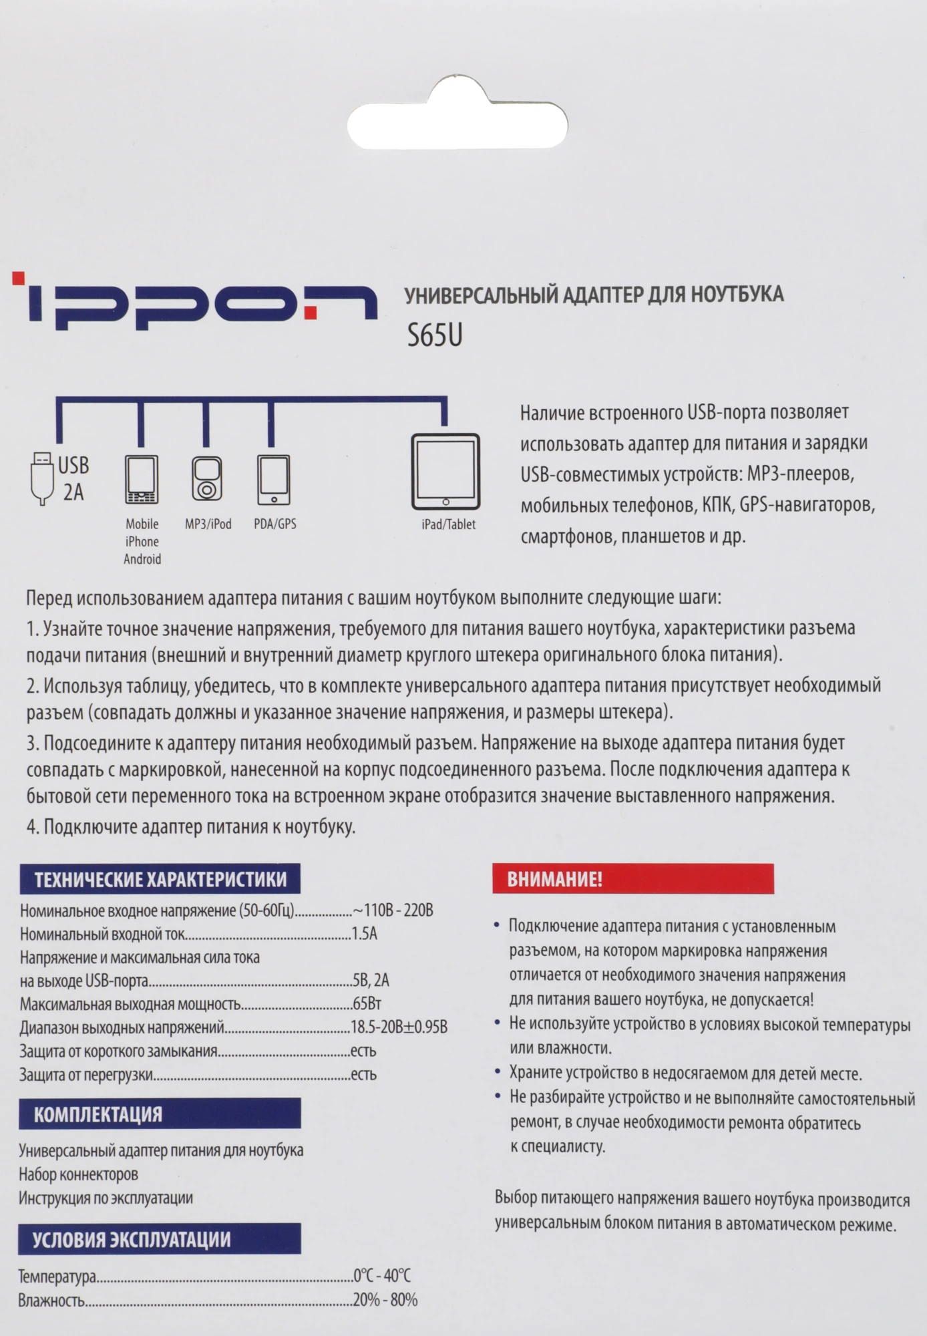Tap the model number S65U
point(435,335)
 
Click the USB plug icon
point(42,478)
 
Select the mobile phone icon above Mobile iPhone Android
point(142,480)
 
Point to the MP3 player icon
point(207,480)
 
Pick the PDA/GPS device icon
point(273,480)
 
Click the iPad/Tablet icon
point(445,472)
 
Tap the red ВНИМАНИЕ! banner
point(632,879)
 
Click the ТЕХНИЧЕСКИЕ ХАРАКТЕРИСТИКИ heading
point(160,879)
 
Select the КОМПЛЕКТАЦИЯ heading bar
point(160,1114)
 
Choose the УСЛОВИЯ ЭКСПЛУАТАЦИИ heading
point(160,1239)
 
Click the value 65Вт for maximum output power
point(367,1004)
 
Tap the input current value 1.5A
point(364,934)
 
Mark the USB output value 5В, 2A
point(371,981)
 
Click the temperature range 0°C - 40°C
point(382,1276)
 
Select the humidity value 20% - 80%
point(385,1300)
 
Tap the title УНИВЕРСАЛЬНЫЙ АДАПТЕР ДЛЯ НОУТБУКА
point(594,295)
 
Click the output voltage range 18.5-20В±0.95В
point(399,1027)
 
